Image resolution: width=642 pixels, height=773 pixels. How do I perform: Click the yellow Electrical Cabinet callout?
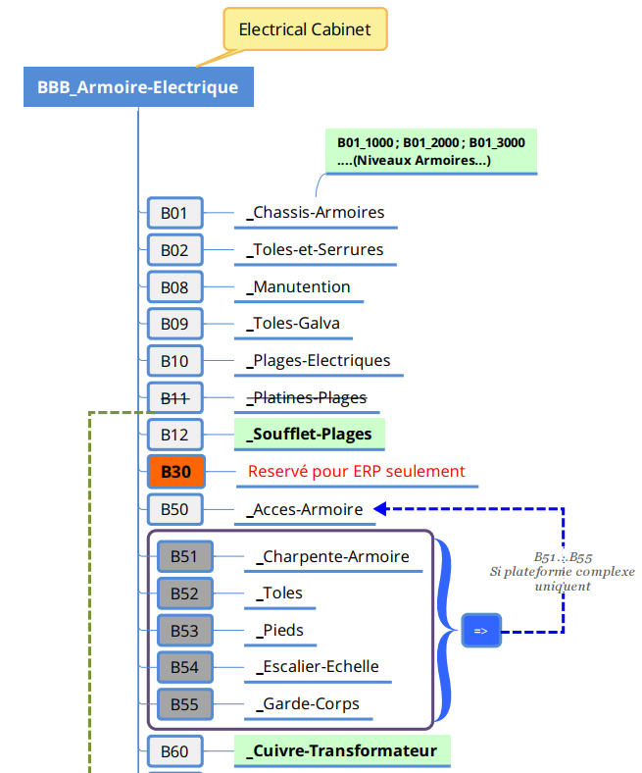coord(305,29)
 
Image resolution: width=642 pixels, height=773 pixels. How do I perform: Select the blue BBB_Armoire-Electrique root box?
coord(137,87)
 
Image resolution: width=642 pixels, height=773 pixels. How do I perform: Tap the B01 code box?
coord(174,212)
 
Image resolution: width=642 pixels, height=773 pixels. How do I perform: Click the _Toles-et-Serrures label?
coord(316,249)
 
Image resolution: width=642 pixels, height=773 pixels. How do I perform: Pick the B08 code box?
coord(174,286)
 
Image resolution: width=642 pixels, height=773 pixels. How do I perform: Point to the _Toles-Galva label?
coord(293,324)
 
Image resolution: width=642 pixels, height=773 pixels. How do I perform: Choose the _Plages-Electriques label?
coord(320,361)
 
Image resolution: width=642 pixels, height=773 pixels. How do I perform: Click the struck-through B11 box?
coord(174,397)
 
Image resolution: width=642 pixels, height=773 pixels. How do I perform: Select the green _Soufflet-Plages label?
coord(310,434)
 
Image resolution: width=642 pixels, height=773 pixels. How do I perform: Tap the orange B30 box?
coord(174,472)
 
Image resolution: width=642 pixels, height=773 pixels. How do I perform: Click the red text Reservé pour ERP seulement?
coord(357,471)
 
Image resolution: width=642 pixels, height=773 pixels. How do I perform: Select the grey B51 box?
coord(184,556)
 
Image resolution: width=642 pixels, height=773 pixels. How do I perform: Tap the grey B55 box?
coord(184,704)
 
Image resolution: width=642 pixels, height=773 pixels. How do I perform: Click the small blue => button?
coord(481,631)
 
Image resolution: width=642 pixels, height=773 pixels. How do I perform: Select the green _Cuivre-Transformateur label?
coord(342,751)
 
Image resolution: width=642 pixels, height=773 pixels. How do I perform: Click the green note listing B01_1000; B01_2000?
coord(431,151)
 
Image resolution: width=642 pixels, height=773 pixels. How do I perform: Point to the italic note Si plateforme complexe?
coord(563,571)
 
